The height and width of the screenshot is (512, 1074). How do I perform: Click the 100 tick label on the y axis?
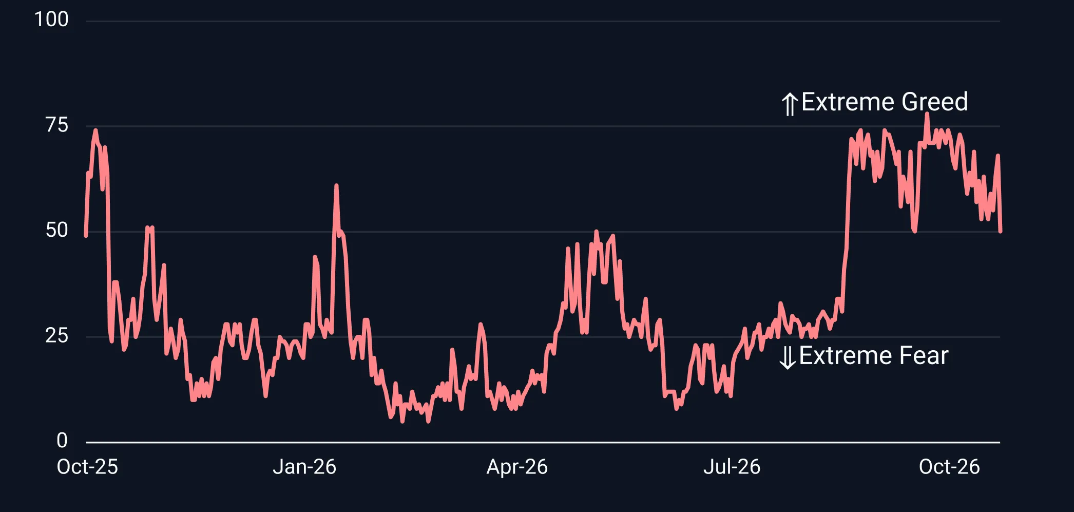click(x=51, y=20)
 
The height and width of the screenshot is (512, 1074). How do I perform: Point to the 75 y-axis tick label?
click(x=56, y=125)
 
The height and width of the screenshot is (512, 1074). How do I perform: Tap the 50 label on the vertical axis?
click(x=56, y=230)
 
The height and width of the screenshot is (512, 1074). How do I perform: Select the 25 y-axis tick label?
click(x=56, y=335)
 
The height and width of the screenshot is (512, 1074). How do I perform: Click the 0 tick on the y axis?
click(x=62, y=440)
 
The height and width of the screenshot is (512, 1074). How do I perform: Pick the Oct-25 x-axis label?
click(x=87, y=467)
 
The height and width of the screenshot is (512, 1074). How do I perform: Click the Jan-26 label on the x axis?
click(x=304, y=467)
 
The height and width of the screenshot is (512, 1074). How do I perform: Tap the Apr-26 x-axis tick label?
click(x=517, y=467)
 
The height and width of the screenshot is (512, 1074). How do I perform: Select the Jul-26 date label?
click(x=732, y=467)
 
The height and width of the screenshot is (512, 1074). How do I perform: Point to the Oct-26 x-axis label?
click(x=949, y=467)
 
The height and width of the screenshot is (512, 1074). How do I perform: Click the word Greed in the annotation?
click(x=935, y=102)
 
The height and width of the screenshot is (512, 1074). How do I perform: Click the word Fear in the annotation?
click(x=925, y=355)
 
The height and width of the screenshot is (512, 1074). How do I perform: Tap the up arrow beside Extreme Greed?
click(x=790, y=104)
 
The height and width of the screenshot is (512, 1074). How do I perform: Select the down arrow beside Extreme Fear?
click(x=788, y=357)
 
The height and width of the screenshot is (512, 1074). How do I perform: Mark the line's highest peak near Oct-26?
click(x=927, y=113)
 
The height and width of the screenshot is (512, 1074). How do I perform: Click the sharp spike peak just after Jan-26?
click(x=336, y=185)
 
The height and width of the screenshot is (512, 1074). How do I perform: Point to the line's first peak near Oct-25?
click(x=95, y=130)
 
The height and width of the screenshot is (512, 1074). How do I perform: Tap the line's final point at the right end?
click(x=1000, y=232)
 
